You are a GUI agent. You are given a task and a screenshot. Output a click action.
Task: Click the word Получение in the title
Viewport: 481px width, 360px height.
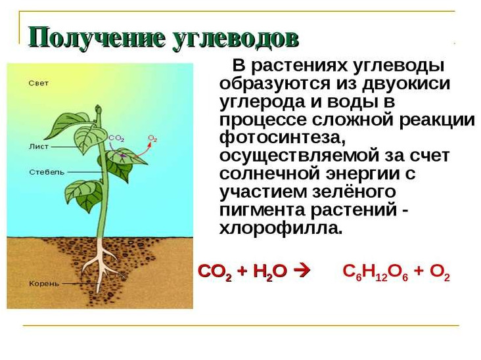pyautogui.click(x=97, y=38)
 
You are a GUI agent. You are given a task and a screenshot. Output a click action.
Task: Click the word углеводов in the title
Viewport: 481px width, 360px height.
pyautogui.click(x=235, y=39)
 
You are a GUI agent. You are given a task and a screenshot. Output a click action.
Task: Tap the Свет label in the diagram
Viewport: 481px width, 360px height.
pyautogui.click(x=38, y=83)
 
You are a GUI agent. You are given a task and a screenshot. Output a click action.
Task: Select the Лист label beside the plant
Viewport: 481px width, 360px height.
pyautogui.click(x=39, y=146)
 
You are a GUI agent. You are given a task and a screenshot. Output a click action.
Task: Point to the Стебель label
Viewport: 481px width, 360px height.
pyautogui.click(x=47, y=172)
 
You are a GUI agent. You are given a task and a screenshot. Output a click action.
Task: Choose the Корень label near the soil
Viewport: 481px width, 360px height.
pyautogui.click(x=44, y=284)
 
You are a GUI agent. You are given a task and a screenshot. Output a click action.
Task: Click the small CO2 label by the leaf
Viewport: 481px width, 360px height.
pyautogui.click(x=116, y=139)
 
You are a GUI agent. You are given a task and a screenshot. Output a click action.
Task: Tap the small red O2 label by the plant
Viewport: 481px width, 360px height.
pyautogui.click(x=152, y=139)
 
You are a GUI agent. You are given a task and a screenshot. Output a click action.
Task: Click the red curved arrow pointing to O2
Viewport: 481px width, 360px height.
pyautogui.click(x=142, y=152)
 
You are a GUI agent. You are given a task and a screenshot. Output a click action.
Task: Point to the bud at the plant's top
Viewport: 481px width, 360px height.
pyautogui.click(x=98, y=110)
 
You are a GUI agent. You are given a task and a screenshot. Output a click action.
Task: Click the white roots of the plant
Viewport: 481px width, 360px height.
pyautogui.click(x=101, y=263)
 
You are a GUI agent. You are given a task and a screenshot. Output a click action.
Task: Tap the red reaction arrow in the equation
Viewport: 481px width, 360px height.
pyautogui.click(x=302, y=271)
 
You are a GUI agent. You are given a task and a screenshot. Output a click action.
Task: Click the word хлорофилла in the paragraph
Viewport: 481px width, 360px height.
pyautogui.click(x=281, y=228)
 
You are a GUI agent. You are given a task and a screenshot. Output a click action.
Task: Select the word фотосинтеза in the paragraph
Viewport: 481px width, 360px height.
pyautogui.click(x=283, y=137)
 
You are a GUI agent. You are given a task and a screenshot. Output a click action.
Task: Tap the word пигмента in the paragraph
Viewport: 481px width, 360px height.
pyautogui.click(x=263, y=211)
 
